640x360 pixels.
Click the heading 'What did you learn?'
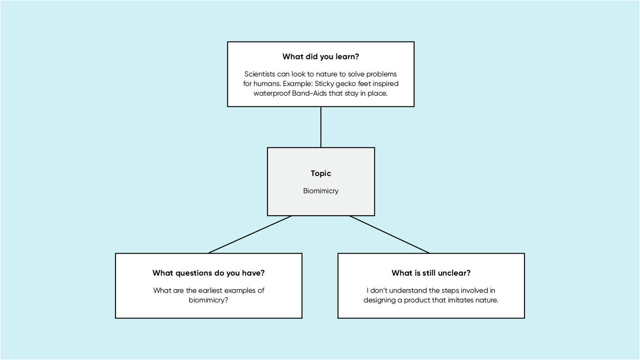[320, 57]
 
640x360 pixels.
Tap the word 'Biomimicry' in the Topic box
[320, 191]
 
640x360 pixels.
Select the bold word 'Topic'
[321, 173]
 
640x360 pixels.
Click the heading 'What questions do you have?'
[208, 273]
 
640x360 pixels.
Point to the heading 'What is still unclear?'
[431, 273]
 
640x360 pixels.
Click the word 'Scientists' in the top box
[260, 74]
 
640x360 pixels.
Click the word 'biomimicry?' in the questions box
[208, 300]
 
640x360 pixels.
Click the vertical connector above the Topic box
[321, 127]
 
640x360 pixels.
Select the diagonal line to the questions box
[250, 234]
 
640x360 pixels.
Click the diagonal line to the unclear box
[390, 234]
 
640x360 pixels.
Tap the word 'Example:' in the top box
[298, 84]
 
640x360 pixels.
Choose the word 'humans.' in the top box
[268, 84]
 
